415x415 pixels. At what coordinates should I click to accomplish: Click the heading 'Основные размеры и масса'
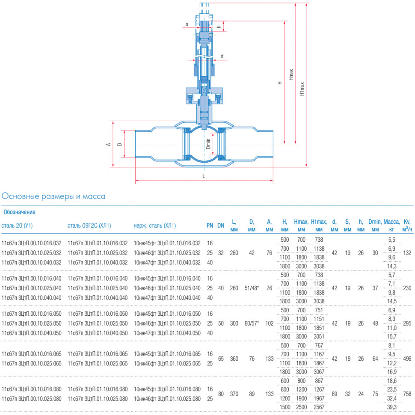pos(53,196)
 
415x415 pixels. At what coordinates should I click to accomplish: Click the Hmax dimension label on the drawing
pos(291,74)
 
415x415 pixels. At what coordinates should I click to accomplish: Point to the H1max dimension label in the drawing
pos(302,89)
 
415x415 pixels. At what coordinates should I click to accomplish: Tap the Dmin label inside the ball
pos(208,144)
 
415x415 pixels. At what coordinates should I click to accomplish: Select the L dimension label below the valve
pos(204,176)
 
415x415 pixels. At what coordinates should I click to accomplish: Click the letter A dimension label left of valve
pos(108,144)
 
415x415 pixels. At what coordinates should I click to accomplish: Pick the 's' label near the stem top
pos(187,24)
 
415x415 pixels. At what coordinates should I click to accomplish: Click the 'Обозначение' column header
pos(19,212)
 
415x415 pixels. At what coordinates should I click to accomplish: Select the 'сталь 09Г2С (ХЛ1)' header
pos(89,225)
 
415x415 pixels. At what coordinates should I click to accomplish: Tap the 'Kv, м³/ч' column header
pos(407,225)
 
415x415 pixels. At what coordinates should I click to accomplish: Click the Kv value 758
pos(407,394)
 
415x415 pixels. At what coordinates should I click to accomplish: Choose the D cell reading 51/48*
pos(252,288)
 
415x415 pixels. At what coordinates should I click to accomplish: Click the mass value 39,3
pos(392,407)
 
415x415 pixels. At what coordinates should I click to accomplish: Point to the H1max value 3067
pos(319,372)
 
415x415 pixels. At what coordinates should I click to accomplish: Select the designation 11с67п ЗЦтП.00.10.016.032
pos(32,243)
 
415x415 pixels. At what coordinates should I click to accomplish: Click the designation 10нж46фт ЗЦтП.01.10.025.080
pos(167,399)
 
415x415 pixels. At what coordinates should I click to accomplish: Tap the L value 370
pos(234,394)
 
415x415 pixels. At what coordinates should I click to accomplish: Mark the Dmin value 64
pos(375,359)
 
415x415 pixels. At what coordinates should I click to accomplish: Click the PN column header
pos(210,225)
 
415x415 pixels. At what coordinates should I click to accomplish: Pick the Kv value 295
pos(407,323)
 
